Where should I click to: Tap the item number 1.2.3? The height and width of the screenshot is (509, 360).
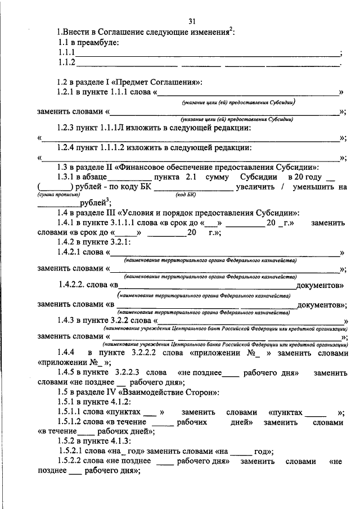[68, 128]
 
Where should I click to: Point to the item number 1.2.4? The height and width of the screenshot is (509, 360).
[68, 148]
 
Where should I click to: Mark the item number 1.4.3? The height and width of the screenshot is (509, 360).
[68, 320]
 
